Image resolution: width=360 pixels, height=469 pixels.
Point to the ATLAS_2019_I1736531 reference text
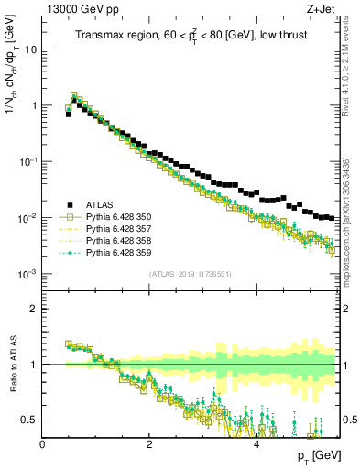[x=190, y=274]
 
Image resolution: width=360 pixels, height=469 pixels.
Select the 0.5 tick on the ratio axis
[x=29, y=420]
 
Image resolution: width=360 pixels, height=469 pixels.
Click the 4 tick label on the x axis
[x=256, y=443]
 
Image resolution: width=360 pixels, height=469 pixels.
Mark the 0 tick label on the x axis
[x=42, y=443]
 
